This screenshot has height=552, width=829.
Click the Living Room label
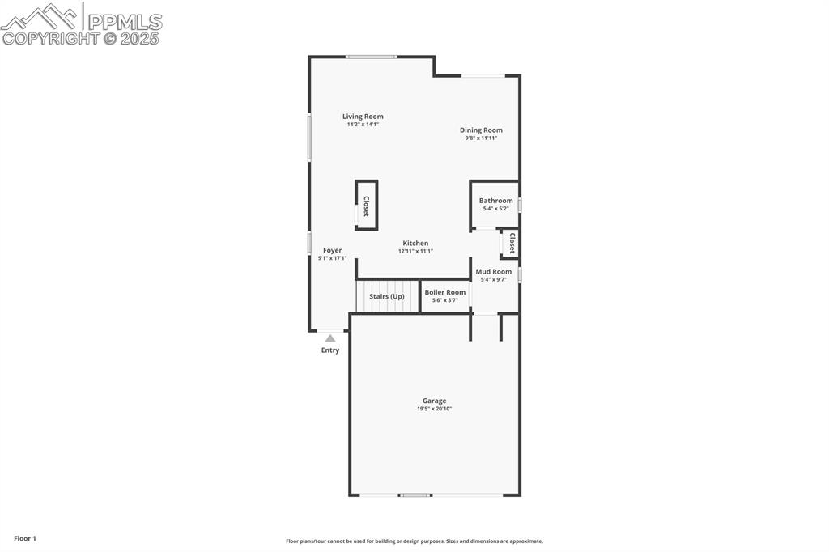[x=363, y=117]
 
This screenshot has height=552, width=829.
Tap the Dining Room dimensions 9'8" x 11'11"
[x=481, y=138]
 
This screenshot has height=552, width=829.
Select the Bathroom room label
[x=495, y=201]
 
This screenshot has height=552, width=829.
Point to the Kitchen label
[x=415, y=243]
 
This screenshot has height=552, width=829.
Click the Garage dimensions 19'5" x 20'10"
[x=434, y=409]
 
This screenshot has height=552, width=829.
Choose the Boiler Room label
[x=445, y=292]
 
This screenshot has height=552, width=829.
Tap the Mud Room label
[x=493, y=272]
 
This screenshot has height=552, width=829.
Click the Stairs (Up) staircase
[x=387, y=296]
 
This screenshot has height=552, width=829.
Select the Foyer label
[x=332, y=250]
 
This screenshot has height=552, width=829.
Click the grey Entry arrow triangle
[x=330, y=338]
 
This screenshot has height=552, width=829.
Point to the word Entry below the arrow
[x=330, y=350]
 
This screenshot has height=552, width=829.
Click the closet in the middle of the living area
[x=366, y=206]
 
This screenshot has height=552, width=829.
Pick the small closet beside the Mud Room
[x=511, y=244]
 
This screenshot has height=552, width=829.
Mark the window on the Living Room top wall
[x=372, y=57]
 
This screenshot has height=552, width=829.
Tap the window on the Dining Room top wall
[x=483, y=76]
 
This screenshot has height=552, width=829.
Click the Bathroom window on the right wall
[x=519, y=205]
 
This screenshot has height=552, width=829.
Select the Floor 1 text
[x=25, y=538]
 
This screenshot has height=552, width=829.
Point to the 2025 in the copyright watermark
[x=140, y=38]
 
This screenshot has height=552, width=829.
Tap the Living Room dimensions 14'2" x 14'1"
[x=363, y=125]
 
